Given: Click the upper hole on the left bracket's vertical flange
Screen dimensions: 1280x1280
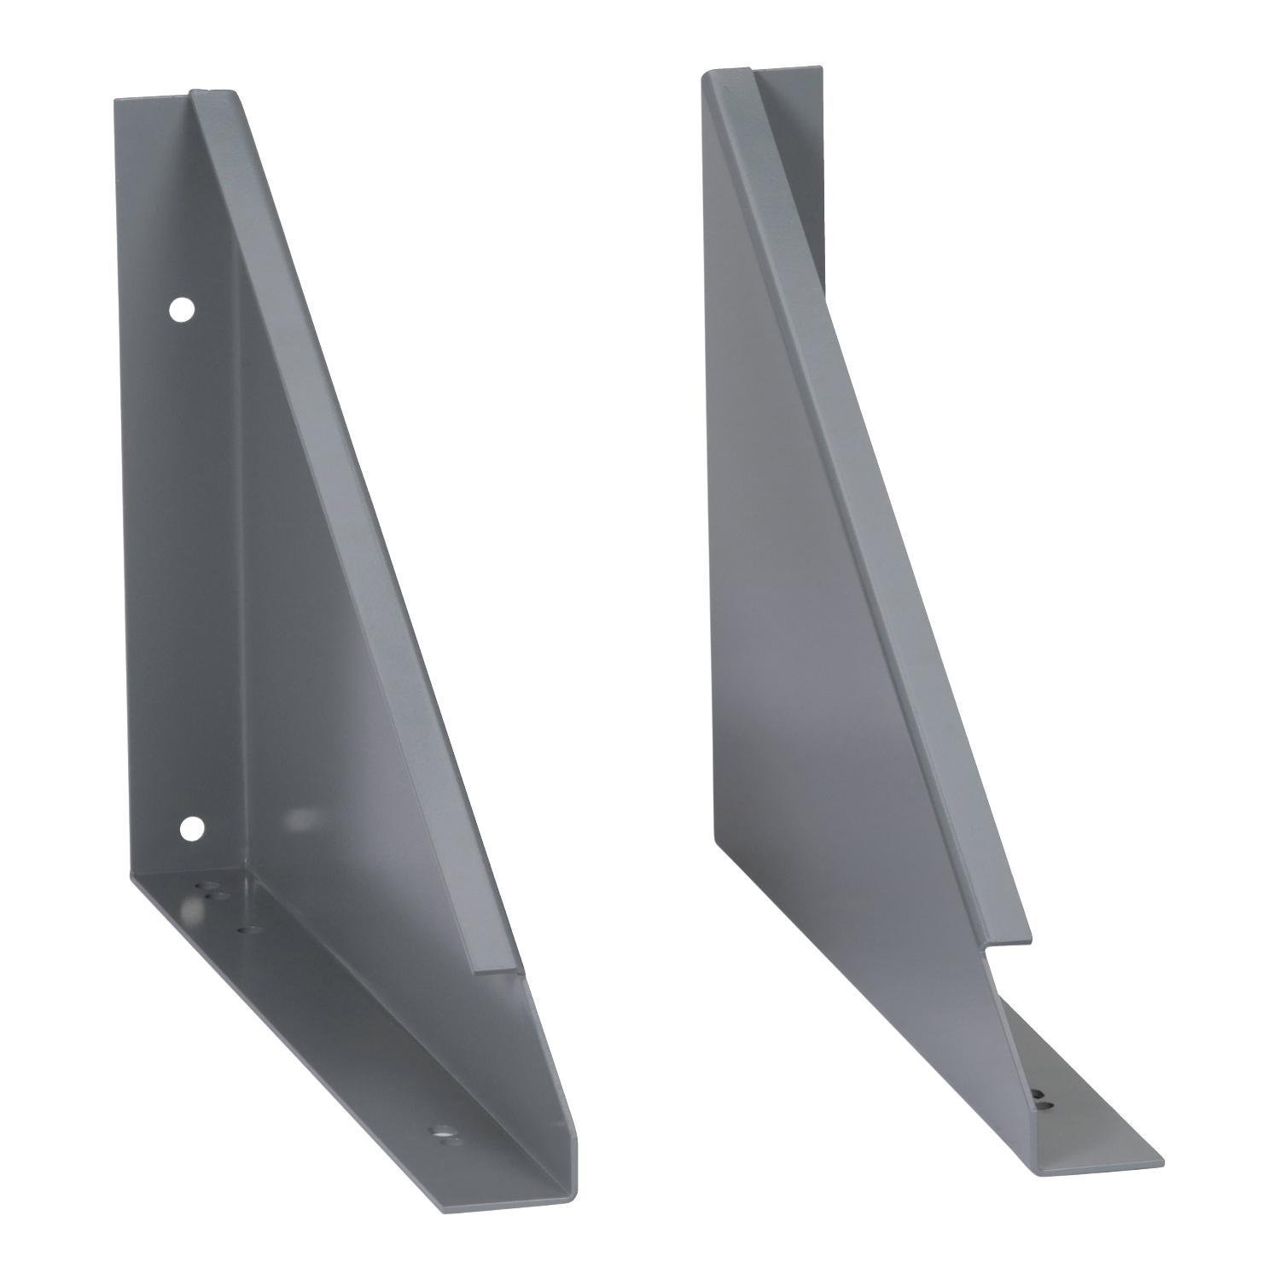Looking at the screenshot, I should coord(181,310).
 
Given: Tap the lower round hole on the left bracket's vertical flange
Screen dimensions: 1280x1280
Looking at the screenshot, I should coord(192,827).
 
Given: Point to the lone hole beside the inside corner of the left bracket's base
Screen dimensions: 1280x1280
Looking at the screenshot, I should coord(250,928).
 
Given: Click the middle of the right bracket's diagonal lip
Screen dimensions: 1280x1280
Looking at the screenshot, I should coord(879,512).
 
